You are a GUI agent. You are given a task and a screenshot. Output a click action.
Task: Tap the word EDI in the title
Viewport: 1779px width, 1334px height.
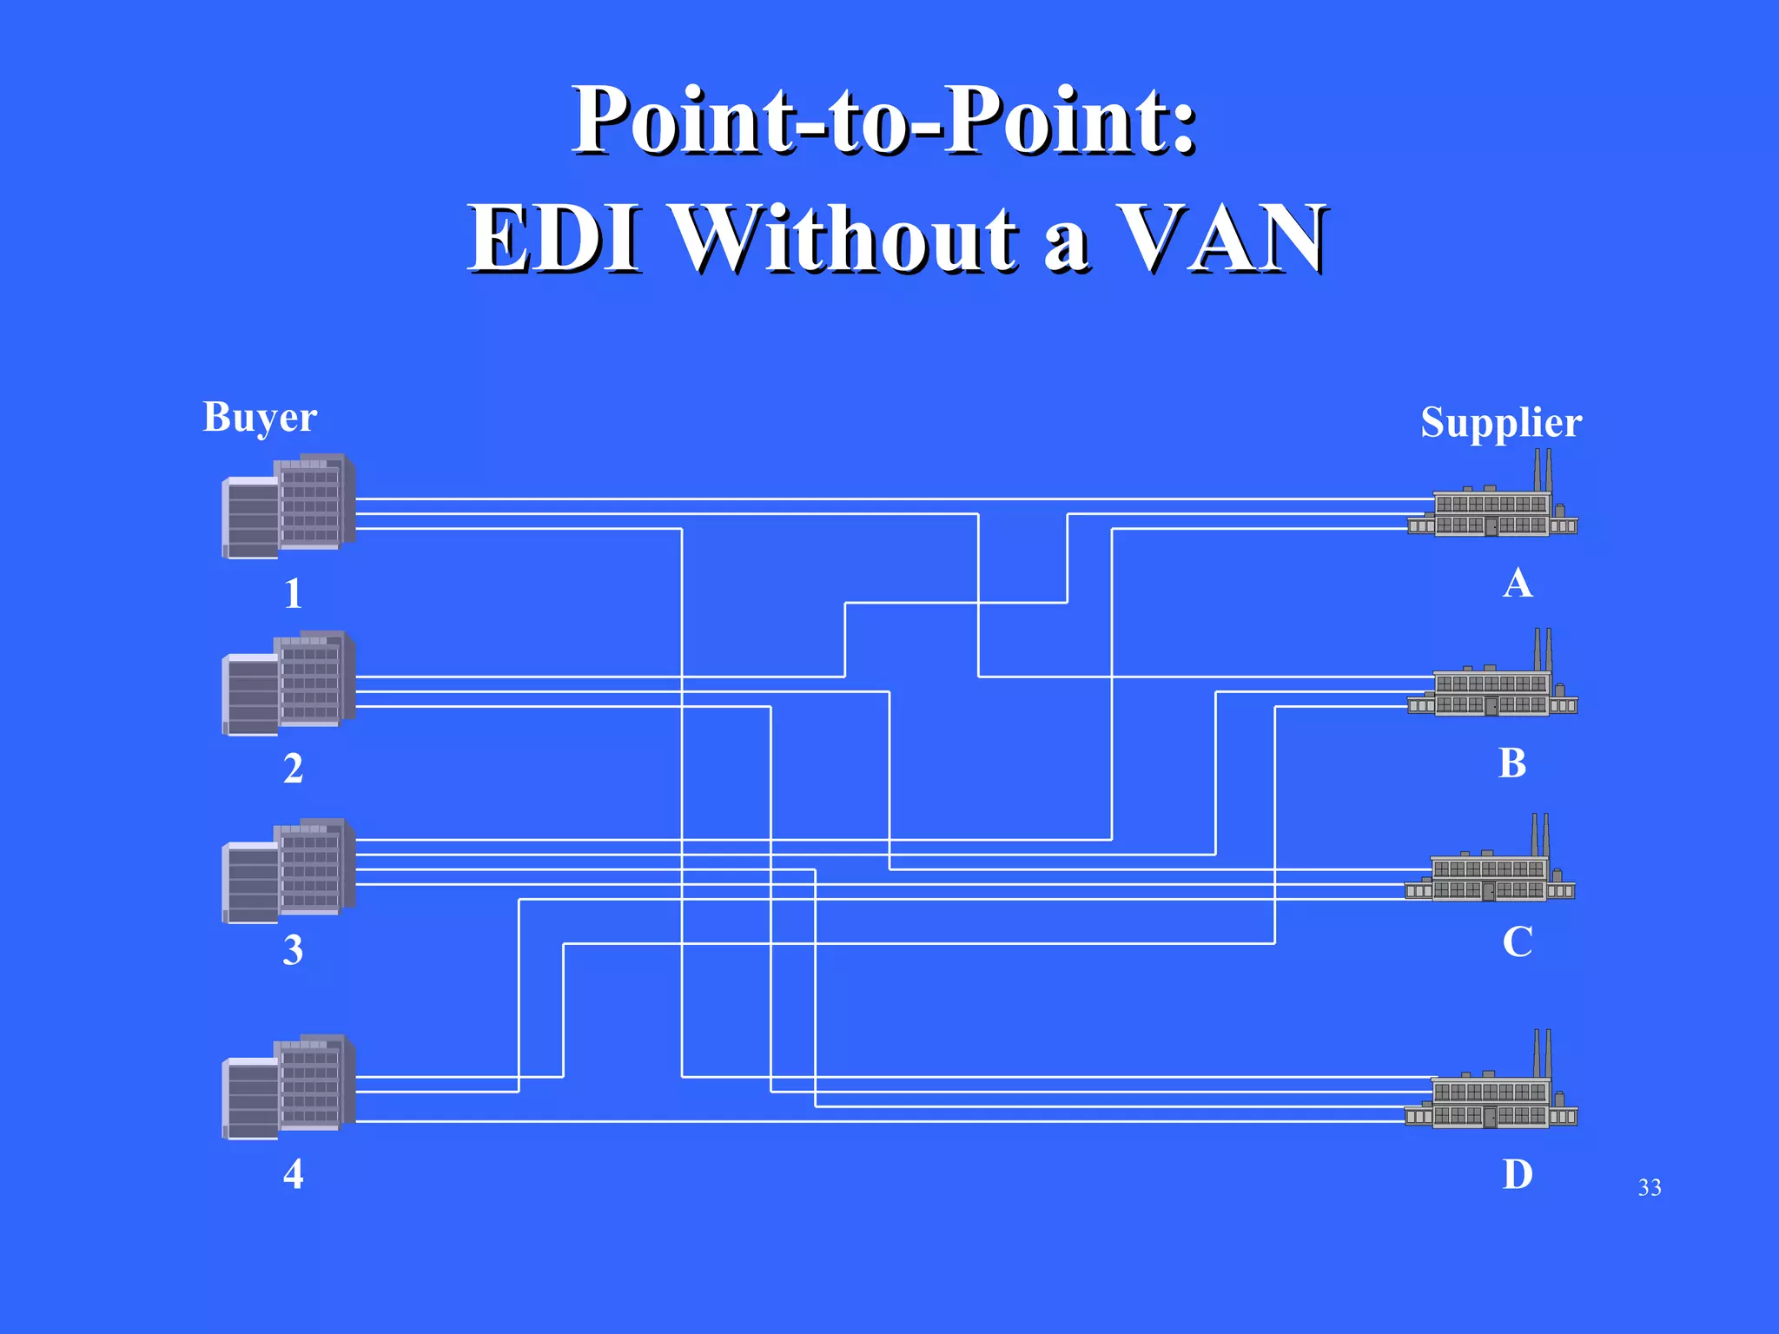(x=556, y=239)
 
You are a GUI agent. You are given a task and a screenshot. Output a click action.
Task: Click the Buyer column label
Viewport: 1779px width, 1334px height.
(x=260, y=418)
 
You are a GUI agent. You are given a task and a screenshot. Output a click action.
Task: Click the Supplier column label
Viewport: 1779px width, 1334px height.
(x=1500, y=423)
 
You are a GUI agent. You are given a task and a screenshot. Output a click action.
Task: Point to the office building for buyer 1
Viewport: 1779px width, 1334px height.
(x=289, y=506)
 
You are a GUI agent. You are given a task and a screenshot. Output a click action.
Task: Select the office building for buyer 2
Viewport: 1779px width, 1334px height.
(x=289, y=684)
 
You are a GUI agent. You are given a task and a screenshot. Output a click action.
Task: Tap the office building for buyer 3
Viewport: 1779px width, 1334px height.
(x=289, y=871)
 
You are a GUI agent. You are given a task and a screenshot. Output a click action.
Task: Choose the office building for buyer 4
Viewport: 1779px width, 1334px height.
(x=289, y=1087)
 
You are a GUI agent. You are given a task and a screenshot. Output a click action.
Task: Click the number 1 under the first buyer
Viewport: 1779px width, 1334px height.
(x=294, y=594)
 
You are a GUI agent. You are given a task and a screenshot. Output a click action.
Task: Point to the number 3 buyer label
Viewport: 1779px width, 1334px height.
(x=294, y=950)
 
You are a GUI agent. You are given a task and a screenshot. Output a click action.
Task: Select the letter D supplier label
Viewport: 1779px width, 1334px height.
(x=1518, y=1174)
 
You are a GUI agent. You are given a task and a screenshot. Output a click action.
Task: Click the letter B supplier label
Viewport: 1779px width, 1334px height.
(x=1512, y=763)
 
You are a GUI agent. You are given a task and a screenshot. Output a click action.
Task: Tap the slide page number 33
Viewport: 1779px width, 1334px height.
(x=1649, y=1187)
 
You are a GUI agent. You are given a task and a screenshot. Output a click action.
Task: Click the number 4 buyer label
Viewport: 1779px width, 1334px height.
(x=294, y=1174)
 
